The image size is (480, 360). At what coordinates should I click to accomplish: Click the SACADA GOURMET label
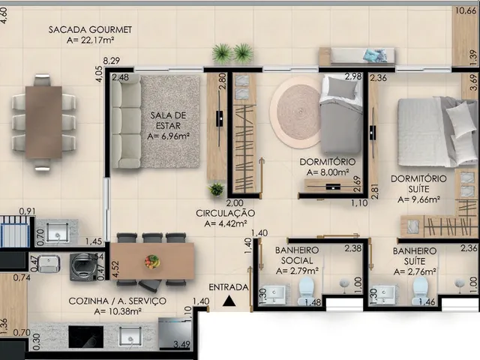(90, 30)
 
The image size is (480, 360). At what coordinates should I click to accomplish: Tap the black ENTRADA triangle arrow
(229, 301)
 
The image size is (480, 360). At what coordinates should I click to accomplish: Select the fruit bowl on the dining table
(151, 262)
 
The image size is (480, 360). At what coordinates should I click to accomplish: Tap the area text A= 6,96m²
(168, 136)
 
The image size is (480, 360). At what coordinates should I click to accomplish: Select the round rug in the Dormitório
(296, 112)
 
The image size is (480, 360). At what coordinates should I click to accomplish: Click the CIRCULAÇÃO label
(225, 213)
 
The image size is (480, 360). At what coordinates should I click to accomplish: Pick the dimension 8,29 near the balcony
(112, 61)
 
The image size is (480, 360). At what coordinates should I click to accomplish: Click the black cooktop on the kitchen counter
(86, 337)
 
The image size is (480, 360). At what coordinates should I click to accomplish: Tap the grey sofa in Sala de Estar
(126, 121)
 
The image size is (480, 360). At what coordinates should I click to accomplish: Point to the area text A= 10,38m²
(118, 312)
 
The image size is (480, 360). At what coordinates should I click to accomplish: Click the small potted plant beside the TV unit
(217, 190)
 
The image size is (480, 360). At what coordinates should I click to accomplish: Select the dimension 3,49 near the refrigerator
(181, 345)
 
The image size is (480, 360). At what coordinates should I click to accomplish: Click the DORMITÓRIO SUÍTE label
(418, 184)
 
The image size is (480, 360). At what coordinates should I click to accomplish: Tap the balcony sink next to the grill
(57, 232)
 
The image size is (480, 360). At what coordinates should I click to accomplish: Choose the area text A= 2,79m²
(297, 271)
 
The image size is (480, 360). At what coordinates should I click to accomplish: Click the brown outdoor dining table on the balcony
(43, 122)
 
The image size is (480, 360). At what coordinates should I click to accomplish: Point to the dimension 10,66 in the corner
(466, 11)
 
